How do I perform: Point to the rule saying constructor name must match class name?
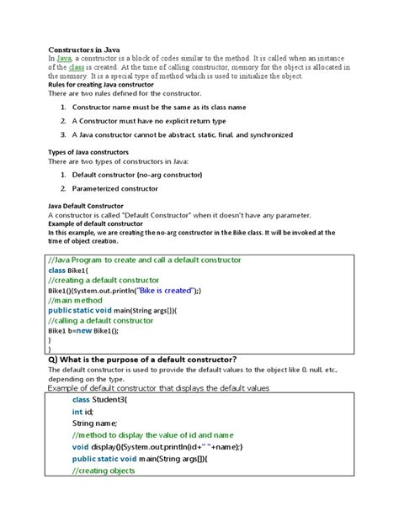click(159, 108)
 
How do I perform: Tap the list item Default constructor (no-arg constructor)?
click(137, 175)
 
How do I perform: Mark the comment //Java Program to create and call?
click(144, 260)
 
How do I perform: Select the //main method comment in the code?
click(77, 300)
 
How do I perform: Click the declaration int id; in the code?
click(82, 413)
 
